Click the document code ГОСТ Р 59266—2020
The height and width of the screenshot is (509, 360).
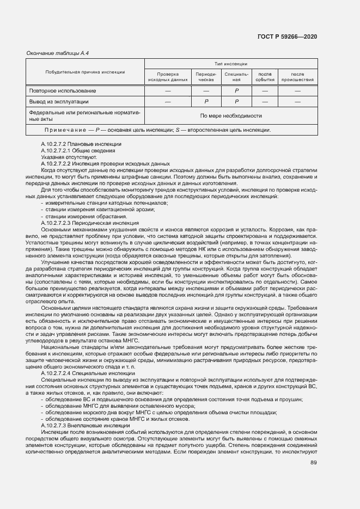click(288, 36)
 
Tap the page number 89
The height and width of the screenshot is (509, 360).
click(314, 463)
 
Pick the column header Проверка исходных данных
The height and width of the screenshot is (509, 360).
click(168, 77)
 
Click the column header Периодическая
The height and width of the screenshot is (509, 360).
click(206, 77)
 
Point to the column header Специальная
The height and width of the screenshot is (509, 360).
click(236, 77)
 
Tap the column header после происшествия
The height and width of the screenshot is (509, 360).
click(297, 77)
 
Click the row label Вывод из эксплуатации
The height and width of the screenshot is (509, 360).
click(59, 101)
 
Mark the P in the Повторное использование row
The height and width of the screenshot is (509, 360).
click(236, 91)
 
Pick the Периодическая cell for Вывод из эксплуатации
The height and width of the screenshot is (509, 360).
click(206, 102)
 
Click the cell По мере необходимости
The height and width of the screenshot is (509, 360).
click(231, 115)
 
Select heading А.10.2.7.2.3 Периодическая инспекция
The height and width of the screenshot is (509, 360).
click(90, 223)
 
